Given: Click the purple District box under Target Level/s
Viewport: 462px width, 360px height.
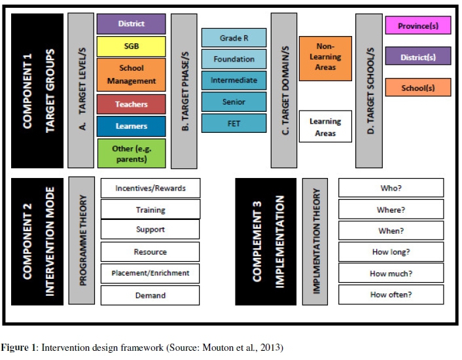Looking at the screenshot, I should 131,24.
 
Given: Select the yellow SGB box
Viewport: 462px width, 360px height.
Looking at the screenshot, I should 131,46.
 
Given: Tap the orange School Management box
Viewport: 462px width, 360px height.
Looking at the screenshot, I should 131,75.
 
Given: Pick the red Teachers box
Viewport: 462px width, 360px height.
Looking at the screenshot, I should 131,104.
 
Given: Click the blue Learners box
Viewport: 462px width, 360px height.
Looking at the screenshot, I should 131,126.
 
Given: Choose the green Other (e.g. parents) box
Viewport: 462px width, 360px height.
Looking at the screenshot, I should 131,153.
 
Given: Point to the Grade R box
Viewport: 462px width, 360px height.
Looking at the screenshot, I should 234,38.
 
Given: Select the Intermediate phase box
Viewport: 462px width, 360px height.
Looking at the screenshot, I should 234,81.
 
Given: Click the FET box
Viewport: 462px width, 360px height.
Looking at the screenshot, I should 234,123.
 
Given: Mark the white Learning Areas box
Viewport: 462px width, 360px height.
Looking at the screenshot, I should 325,127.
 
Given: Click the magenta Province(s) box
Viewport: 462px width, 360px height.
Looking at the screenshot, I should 418,26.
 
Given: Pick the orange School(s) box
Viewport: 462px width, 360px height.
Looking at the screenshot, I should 418,88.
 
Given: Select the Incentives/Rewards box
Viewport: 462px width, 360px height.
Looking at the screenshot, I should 150,188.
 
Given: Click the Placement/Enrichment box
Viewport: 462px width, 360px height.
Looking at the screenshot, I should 150,273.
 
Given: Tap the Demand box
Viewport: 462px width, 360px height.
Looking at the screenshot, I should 150,295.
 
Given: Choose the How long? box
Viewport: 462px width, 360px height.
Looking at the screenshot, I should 391,252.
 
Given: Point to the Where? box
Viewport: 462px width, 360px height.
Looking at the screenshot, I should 391,209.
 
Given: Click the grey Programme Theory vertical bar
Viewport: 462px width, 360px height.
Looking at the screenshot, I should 82,240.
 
